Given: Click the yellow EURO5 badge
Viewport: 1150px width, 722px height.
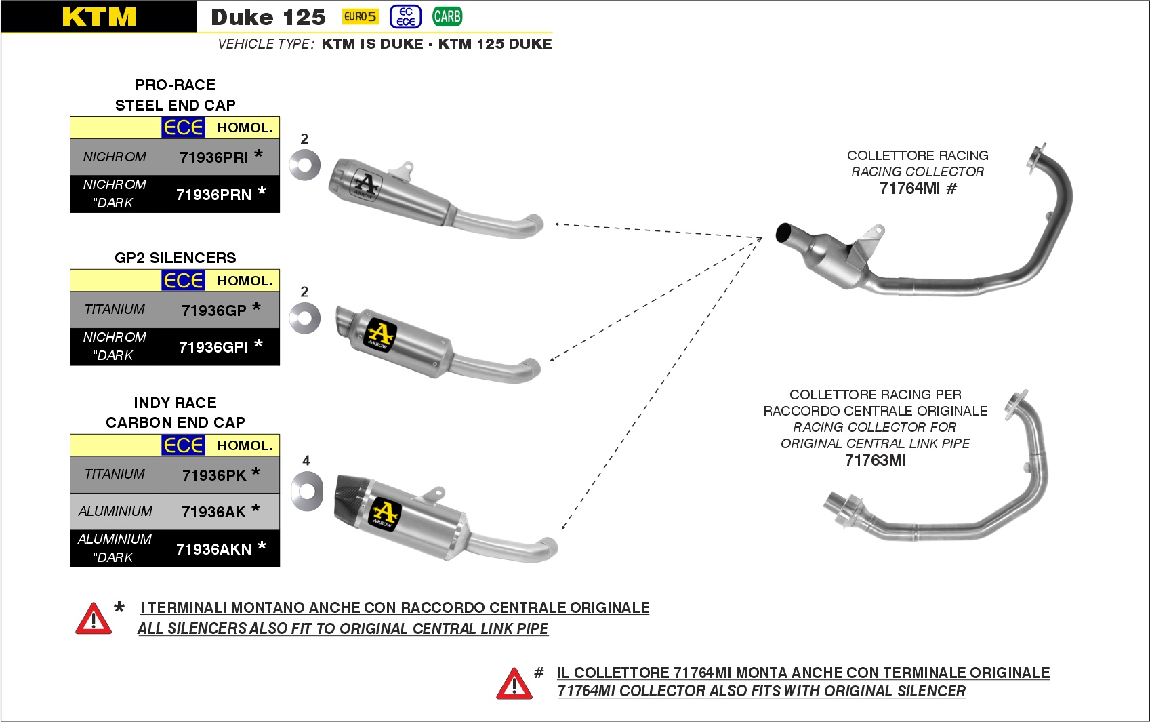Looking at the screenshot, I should [360, 16].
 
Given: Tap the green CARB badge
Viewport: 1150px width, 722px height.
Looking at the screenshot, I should [447, 16].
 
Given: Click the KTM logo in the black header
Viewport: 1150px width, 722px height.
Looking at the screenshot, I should [99, 17].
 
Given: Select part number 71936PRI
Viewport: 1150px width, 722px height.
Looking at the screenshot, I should [214, 157].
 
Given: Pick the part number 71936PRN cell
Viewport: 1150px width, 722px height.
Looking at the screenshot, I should [214, 195].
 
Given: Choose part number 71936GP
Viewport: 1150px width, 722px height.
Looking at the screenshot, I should [214, 310].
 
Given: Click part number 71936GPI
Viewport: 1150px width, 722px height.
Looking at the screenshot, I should [214, 347].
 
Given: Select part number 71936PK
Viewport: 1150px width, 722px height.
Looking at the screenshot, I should [214, 475].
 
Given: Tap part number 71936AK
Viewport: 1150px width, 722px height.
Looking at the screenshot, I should [214, 512].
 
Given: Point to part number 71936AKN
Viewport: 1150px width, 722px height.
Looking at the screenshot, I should [214, 549].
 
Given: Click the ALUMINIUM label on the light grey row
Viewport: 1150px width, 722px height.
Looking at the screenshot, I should [115, 511].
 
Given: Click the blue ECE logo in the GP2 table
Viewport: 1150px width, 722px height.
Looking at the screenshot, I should [183, 281].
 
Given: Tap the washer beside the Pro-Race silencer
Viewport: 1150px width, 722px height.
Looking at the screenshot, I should [304, 165].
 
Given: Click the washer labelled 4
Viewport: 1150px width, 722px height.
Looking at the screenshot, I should [306, 489].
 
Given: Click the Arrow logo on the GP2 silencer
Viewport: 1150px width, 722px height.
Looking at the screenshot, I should [381, 334].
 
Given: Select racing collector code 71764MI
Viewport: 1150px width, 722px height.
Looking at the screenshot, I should [909, 188].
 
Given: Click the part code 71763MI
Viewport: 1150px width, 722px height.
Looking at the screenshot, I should [875, 460].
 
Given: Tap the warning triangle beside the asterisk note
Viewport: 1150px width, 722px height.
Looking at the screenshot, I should [94, 618].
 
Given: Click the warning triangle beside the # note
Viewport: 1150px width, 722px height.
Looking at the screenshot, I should [514, 683].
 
